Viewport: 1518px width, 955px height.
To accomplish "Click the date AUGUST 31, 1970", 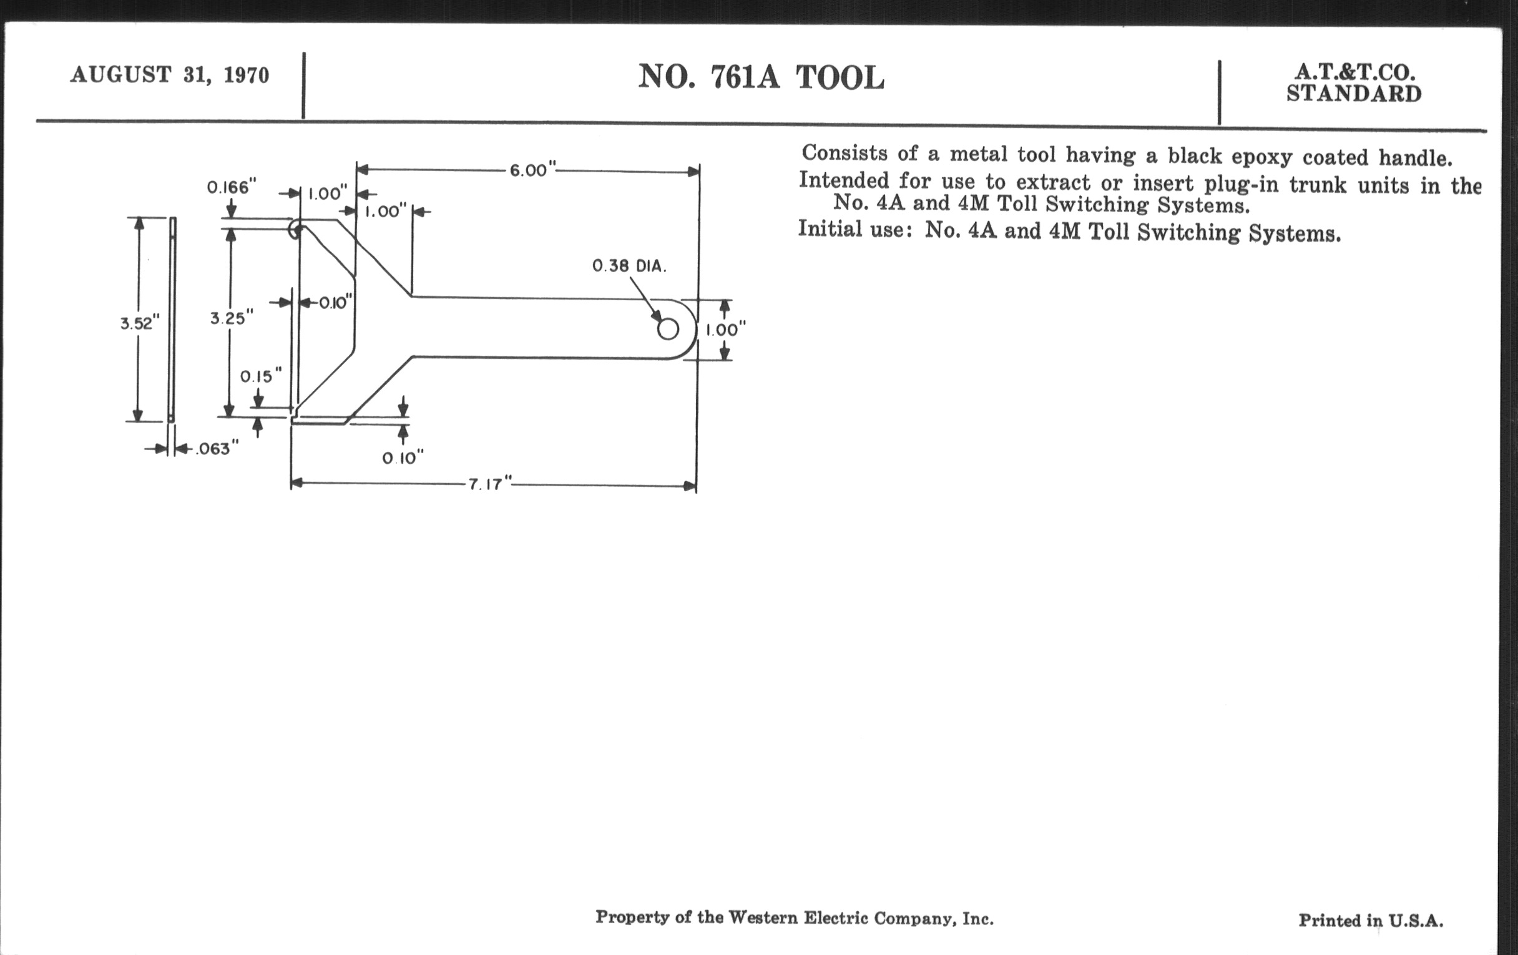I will coord(170,75).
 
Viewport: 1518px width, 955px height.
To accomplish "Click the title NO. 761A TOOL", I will coord(761,77).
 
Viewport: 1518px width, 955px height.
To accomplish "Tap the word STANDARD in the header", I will coord(1353,94).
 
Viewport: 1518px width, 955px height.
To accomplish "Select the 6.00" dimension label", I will coord(532,170).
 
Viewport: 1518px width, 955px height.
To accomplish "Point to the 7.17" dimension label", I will coord(489,484).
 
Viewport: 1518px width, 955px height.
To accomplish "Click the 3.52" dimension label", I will coord(140,323).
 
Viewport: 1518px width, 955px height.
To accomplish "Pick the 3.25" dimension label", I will coord(232,318).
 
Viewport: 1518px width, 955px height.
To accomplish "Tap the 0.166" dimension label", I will coord(232,187).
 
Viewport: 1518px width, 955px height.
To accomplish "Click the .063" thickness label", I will coord(217,449).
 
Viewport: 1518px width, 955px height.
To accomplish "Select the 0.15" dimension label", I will coord(260,376).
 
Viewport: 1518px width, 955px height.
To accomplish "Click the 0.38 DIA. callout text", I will coord(629,266).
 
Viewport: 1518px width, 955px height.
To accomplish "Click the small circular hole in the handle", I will coord(668,328).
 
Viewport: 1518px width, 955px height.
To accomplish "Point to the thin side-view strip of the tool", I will coord(172,320).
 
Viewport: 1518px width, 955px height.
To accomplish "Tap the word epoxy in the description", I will coord(1261,156).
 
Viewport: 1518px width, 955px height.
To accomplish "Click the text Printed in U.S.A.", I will coord(1371,921).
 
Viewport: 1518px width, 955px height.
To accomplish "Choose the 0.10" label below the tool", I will coord(403,458).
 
